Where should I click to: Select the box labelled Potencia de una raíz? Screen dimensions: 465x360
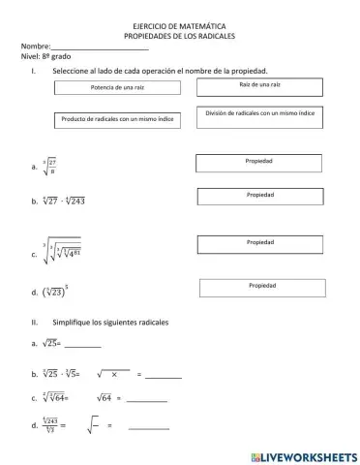tap(117, 87)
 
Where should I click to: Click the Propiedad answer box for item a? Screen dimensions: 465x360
tap(259, 163)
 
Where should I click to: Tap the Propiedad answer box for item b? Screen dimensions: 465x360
tap(259, 197)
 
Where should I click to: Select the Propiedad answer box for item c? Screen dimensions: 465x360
tap(259, 244)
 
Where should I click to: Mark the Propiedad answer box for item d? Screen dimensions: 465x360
tap(261, 288)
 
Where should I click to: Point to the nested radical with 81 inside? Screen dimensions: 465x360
tap(60, 253)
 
